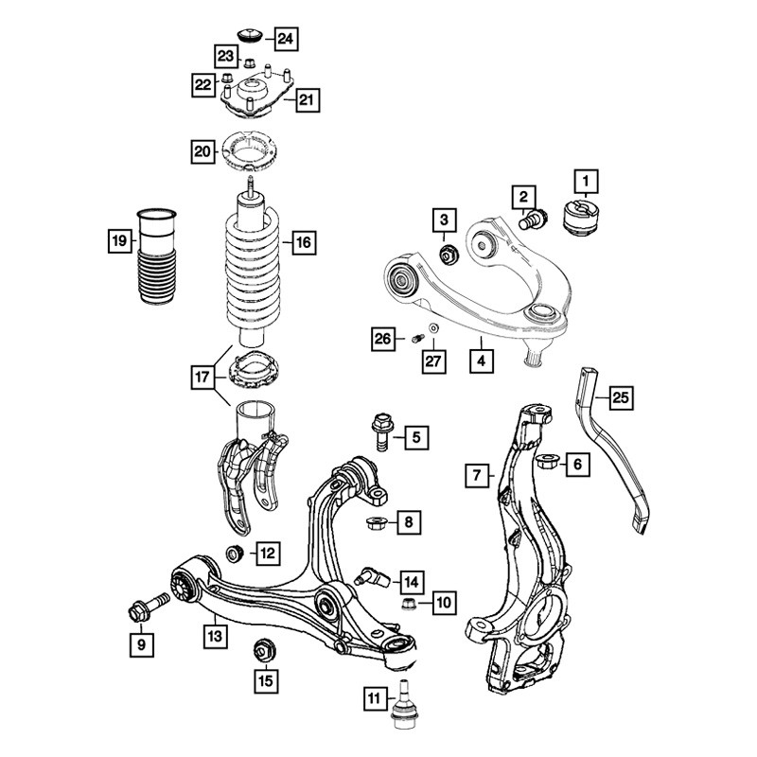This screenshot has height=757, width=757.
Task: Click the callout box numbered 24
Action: click(286, 39)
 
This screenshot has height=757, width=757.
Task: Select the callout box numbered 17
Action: click(202, 377)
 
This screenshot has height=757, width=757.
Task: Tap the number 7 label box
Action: click(477, 476)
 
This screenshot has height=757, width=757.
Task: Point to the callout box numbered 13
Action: click(215, 637)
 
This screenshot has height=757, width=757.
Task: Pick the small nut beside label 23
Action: click(249, 62)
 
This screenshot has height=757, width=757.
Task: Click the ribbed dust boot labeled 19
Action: click(156, 255)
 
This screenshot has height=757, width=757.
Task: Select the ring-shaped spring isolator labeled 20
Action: click(250, 151)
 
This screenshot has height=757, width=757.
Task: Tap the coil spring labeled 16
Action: click(252, 269)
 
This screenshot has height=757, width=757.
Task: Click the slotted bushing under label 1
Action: click(582, 218)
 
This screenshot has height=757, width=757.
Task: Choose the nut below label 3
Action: click(449, 254)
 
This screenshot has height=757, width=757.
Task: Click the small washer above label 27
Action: click(434, 328)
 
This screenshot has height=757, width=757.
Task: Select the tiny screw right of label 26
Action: click(418, 339)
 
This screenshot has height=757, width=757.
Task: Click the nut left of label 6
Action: click(548, 463)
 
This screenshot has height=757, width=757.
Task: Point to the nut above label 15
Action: click(264, 650)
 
